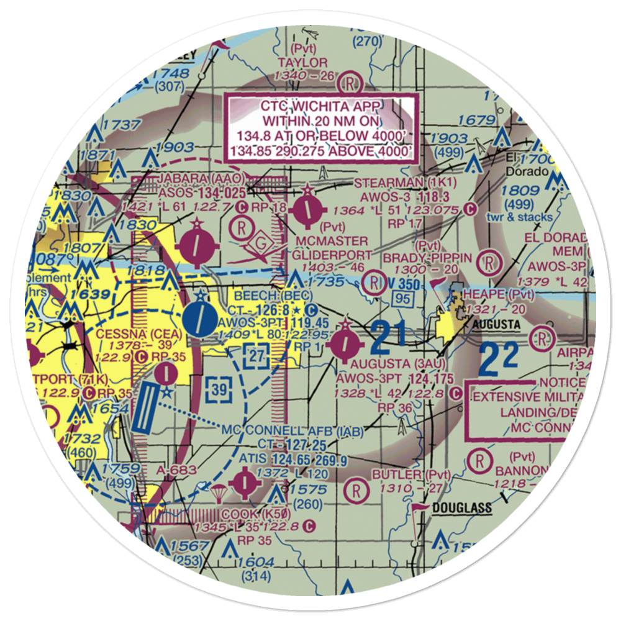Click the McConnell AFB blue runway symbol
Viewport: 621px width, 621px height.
[x=143, y=407]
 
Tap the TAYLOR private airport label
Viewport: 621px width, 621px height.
[x=302, y=63]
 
